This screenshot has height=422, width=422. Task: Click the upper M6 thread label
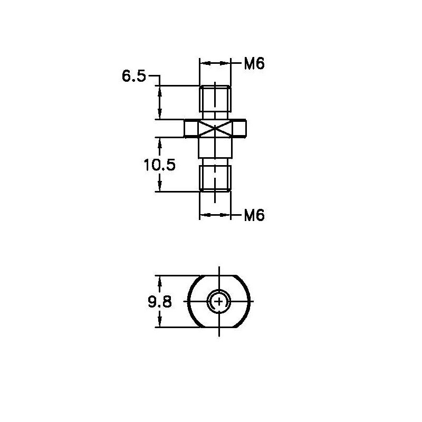254,64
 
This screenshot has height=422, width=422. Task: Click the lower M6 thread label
254,215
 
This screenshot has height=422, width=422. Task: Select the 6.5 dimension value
134,76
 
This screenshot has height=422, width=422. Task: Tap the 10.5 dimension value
160,165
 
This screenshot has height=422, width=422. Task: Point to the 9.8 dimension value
160,302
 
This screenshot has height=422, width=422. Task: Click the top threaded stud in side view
215,99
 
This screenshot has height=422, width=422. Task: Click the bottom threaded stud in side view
215,178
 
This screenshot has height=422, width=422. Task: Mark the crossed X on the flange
215,128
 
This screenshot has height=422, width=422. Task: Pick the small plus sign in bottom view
219,301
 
